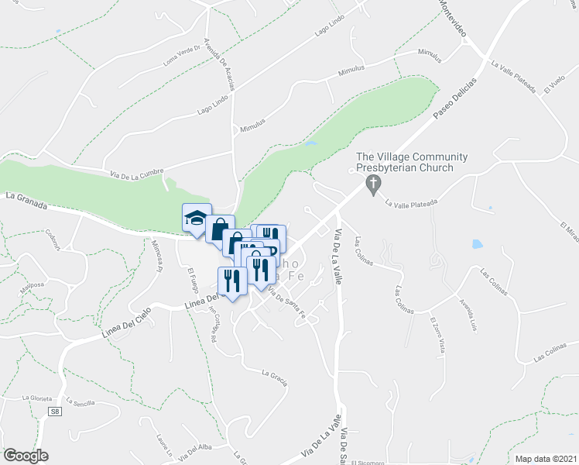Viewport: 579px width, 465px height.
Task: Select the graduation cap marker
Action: tap(197, 217)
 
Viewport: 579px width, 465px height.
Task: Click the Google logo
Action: tap(26, 455)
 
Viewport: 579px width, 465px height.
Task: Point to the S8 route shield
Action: tap(54, 413)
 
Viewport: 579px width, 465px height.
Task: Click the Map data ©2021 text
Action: tap(545, 459)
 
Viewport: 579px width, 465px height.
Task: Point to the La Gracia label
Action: tap(275, 378)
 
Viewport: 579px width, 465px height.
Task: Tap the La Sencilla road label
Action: tap(81, 403)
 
